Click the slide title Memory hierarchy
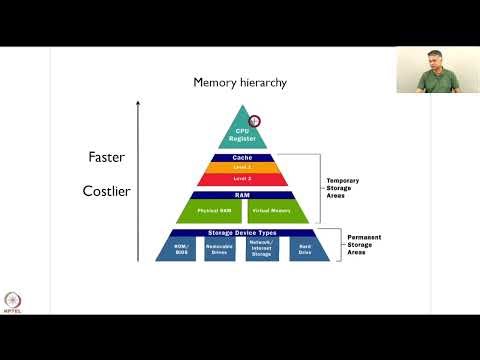(x=241, y=83)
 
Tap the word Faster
(x=106, y=157)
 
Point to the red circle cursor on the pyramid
(x=254, y=121)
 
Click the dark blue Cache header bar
(x=242, y=157)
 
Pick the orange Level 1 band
(x=242, y=166)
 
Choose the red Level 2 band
(x=242, y=178)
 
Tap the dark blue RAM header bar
(x=242, y=194)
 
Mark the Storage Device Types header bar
(x=242, y=233)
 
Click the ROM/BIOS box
(x=180, y=248)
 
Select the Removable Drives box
(x=220, y=248)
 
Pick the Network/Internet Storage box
(x=262, y=248)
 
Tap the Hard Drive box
(x=304, y=248)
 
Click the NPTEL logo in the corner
(x=13, y=302)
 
